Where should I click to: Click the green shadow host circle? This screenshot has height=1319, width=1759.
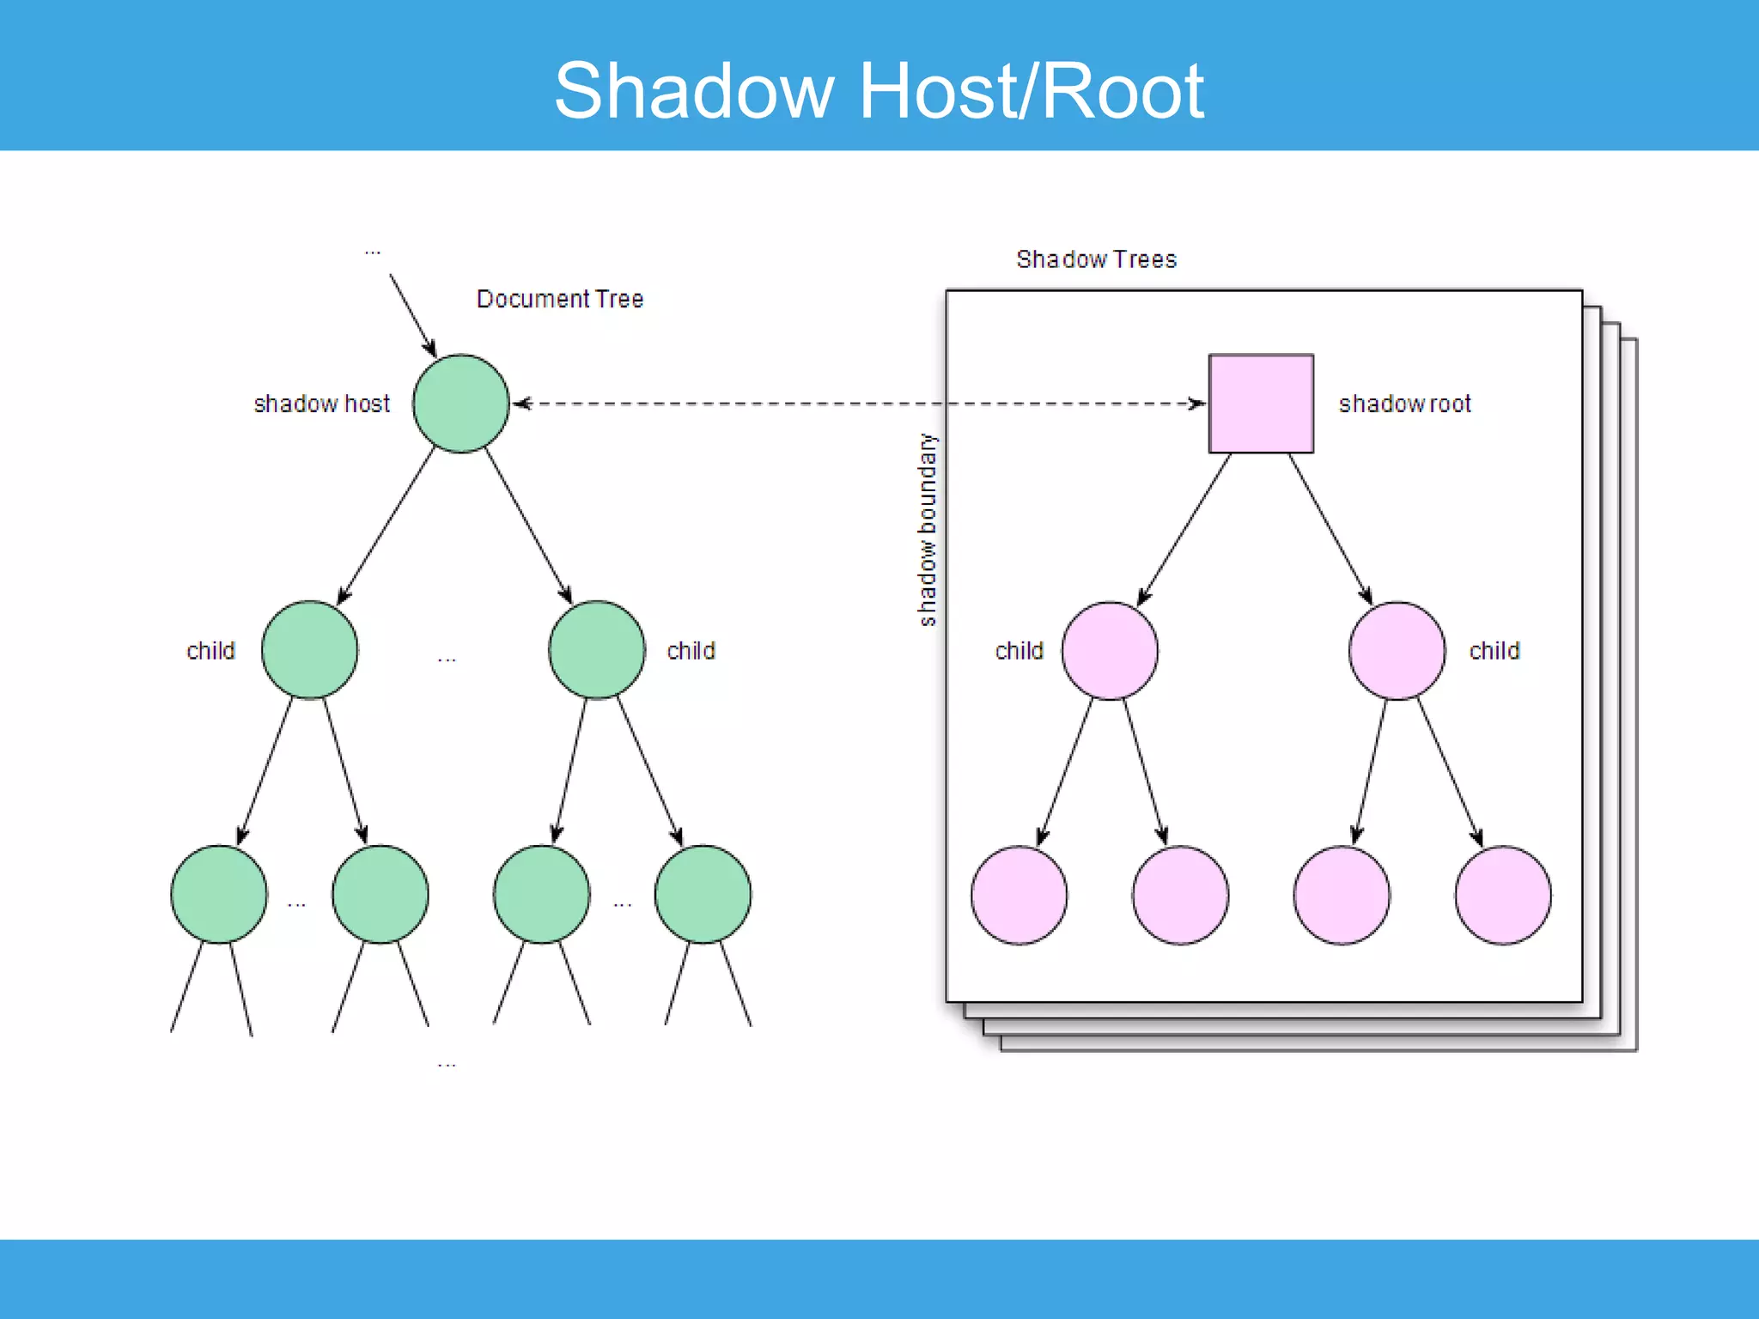pyautogui.click(x=461, y=403)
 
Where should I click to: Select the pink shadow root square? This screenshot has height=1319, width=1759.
pyautogui.click(x=1260, y=403)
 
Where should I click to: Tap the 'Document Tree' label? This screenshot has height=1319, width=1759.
pyautogui.click(x=559, y=299)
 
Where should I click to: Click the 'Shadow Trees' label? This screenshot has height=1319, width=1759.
pyautogui.click(x=1096, y=259)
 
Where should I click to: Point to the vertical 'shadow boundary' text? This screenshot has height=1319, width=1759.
pyautogui.click(x=927, y=530)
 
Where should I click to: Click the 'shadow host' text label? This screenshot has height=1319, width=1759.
pyautogui.click(x=321, y=404)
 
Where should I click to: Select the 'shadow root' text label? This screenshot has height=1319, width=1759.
pyautogui.click(x=1404, y=404)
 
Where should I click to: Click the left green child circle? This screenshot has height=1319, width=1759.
pyautogui.click(x=309, y=649)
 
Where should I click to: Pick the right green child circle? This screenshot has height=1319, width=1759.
pyautogui.click(x=596, y=649)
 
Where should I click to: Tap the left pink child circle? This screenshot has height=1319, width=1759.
pyautogui.click(x=1110, y=650)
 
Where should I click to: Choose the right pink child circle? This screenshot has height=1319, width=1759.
pyautogui.click(x=1397, y=650)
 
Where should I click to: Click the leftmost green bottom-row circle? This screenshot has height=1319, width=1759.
pyautogui.click(x=218, y=894)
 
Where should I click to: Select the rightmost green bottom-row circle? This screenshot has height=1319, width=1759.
pyautogui.click(x=703, y=894)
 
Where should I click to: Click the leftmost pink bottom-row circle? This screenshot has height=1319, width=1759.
pyautogui.click(x=1019, y=895)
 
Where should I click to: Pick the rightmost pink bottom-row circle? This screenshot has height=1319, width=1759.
pyautogui.click(x=1503, y=895)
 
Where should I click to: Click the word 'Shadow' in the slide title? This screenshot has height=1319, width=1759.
pyautogui.click(x=694, y=90)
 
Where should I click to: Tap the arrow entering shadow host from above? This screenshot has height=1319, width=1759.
pyautogui.click(x=412, y=314)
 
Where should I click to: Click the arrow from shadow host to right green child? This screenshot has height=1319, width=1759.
pyautogui.click(x=528, y=525)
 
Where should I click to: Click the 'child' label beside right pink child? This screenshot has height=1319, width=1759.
pyautogui.click(x=1494, y=651)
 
